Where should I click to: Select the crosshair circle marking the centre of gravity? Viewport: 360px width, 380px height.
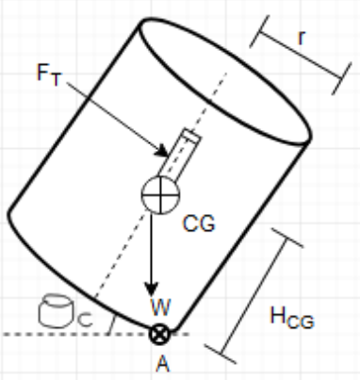coord(159,195)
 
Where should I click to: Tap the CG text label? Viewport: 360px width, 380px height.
coord(200,223)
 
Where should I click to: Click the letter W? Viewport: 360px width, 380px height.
coord(159,308)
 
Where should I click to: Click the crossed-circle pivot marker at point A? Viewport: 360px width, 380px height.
coord(160,332)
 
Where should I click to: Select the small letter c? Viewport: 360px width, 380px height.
coord(84,318)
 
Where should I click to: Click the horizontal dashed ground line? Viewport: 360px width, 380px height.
coord(57,334)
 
